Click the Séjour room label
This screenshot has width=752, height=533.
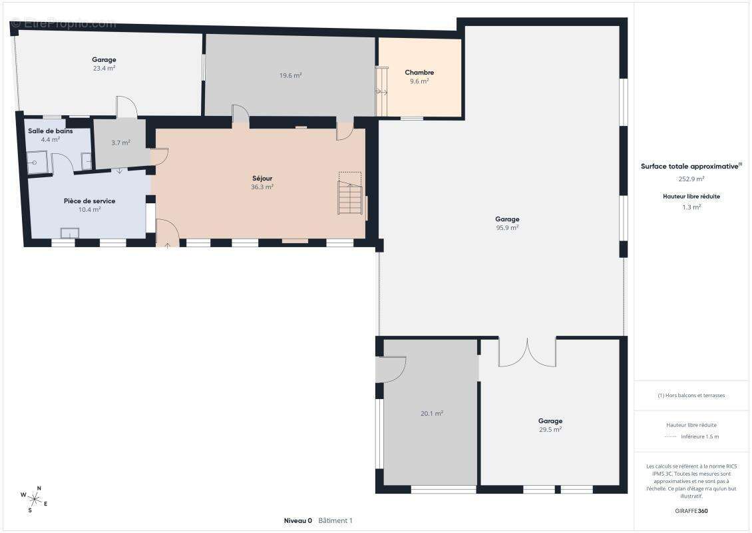click(262, 179)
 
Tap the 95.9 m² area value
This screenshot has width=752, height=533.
click(507, 228)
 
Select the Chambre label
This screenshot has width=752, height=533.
click(419, 73)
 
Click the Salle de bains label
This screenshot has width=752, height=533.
click(51, 131)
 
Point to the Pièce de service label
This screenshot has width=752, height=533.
click(90, 201)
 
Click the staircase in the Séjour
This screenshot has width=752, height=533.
click(350, 193)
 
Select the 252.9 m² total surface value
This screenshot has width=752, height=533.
click(691, 179)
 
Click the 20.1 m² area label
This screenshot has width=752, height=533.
click(432, 414)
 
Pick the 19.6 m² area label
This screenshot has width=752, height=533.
click(291, 75)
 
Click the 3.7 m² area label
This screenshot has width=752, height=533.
click(121, 143)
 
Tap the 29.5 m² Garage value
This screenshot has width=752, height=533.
click(550, 430)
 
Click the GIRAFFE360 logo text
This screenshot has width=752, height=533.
click(691, 511)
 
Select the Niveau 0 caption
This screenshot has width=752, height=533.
click(298, 520)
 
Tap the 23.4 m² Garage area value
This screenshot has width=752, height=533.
click(104, 68)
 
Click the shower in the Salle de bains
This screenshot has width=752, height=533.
click(37, 163)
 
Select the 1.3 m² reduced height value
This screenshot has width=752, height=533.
click(691, 207)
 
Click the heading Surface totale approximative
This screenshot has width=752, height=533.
click(689, 167)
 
